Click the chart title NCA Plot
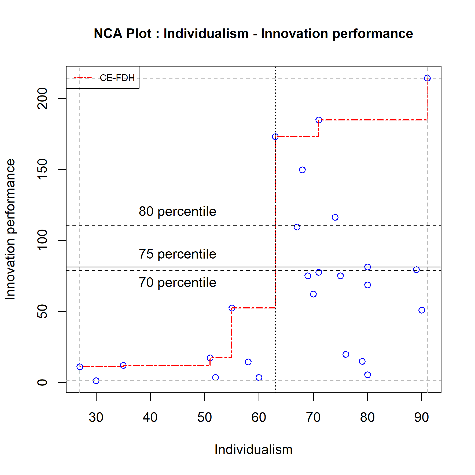(253, 34)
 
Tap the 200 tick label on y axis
(42, 98)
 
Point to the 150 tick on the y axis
(42, 169)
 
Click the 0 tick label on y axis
(42, 382)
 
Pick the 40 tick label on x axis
(150, 417)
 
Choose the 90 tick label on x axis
(421, 417)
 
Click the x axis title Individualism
(253, 450)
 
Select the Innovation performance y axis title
(10, 229)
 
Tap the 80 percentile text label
(177, 212)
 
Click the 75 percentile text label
(177, 254)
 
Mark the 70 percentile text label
(177, 283)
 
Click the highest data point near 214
(427, 78)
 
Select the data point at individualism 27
(80, 367)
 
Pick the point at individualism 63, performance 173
(275, 137)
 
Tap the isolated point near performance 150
(302, 170)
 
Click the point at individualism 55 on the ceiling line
(232, 308)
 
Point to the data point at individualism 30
(96, 381)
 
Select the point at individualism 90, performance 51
(422, 310)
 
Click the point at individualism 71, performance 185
(319, 120)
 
